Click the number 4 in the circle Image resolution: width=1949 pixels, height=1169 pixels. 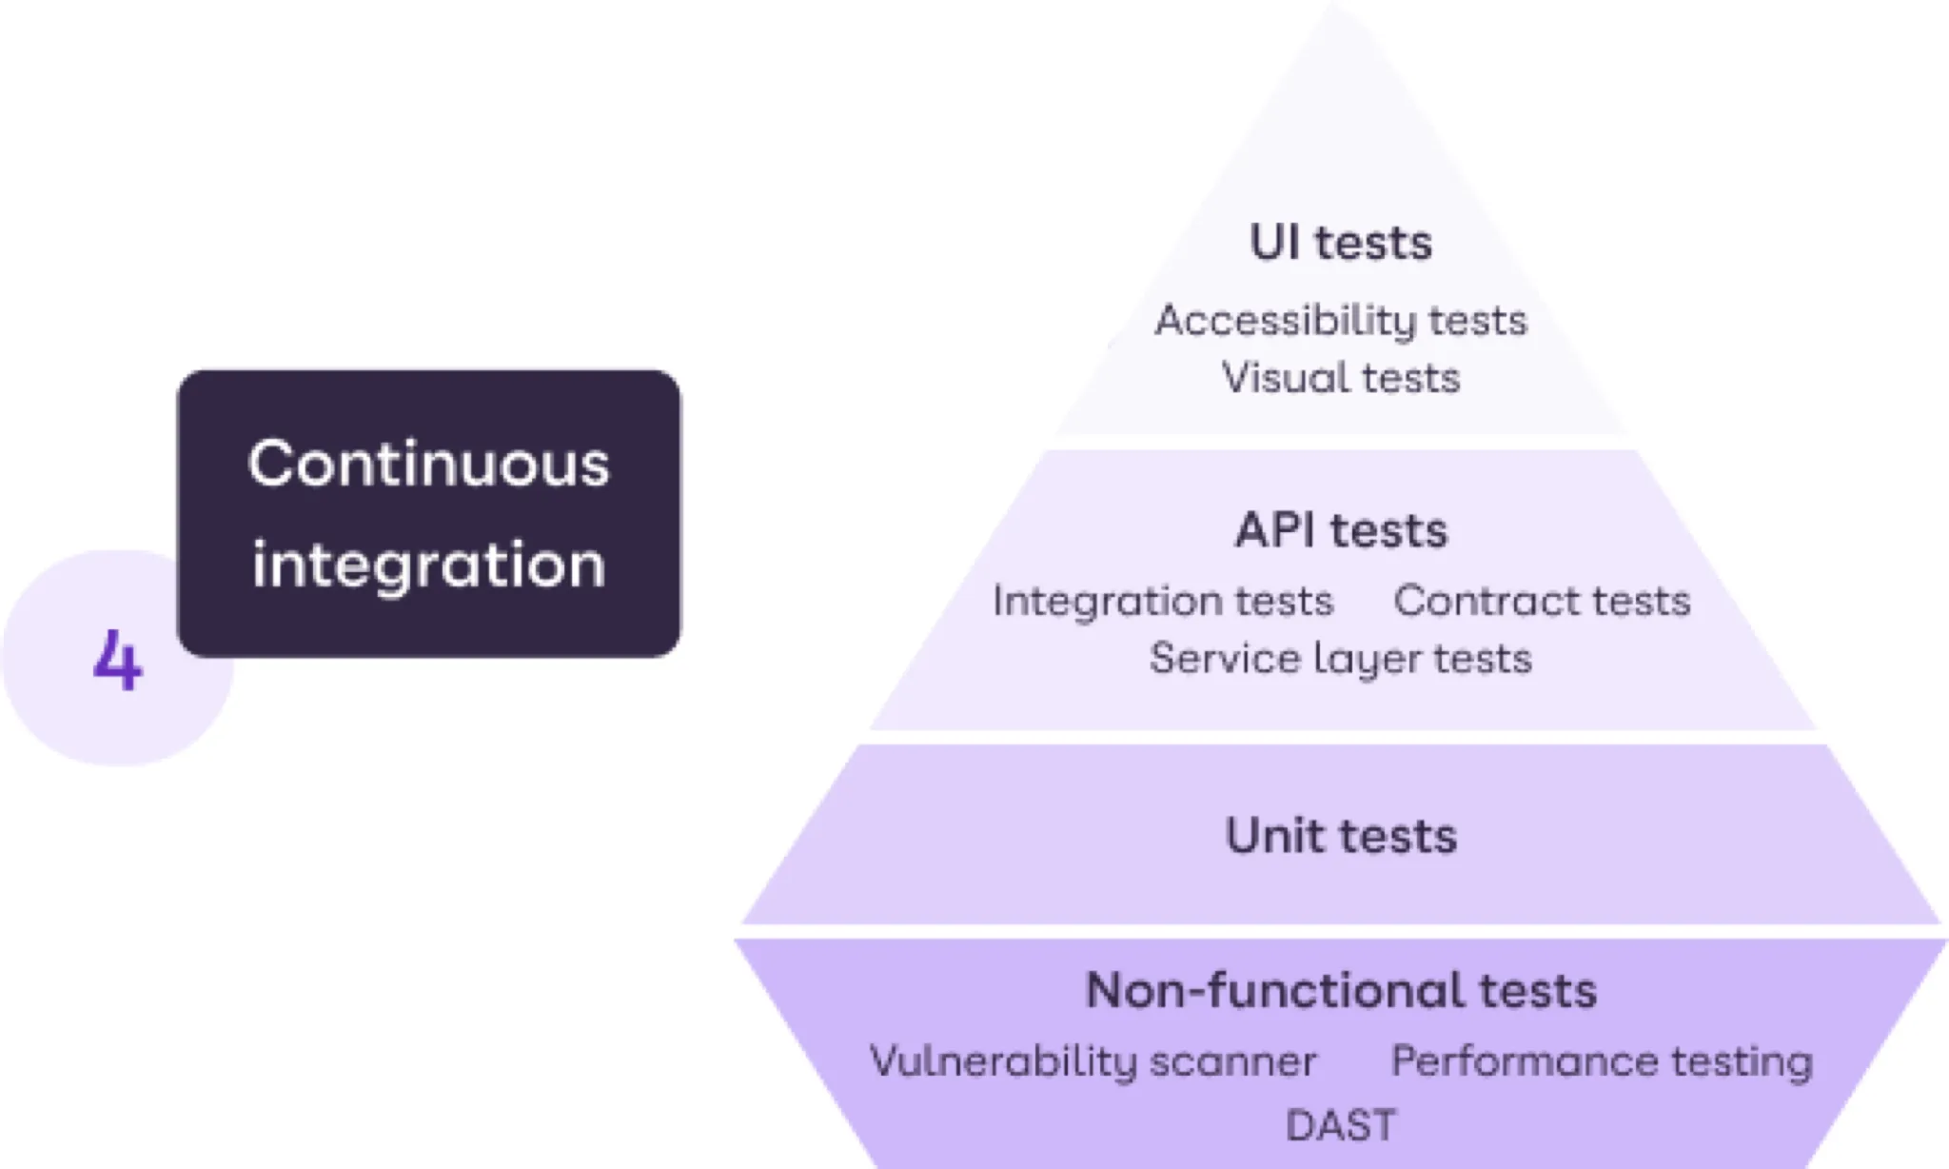118,661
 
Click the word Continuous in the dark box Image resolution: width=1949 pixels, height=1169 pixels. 428,465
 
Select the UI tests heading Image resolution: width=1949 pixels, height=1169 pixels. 1340,243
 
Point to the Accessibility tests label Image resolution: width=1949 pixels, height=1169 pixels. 1340,321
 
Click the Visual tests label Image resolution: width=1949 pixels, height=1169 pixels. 1340,378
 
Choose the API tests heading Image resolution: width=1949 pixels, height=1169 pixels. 1340,530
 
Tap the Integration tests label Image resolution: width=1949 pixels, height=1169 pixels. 1162,602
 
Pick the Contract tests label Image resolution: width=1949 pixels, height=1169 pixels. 1542,602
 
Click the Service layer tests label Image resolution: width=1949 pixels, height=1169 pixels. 1340,659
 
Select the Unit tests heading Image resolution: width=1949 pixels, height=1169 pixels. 1340,836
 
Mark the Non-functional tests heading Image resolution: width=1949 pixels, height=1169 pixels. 1340,990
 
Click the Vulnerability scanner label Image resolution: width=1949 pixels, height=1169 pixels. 1093,1061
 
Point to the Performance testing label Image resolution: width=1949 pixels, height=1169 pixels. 1602,1061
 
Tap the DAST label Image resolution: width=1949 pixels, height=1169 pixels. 1340,1125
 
